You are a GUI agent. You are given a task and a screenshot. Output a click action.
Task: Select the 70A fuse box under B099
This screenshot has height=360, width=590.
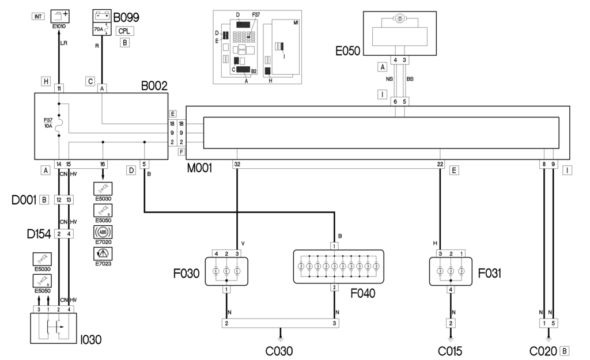click(x=102, y=27)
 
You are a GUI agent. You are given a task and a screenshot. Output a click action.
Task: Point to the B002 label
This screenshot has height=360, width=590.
click(x=154, y=86)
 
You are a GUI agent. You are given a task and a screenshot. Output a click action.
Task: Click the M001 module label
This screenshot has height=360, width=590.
click(x=200, y=169)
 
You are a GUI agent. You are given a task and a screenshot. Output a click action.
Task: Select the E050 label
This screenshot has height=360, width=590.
click(x=347, y=51)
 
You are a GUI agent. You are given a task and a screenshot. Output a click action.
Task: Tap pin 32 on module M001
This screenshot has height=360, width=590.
click(x=237, y=164)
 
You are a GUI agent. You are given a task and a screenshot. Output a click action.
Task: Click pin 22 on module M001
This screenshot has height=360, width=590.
click(x=440, y=164)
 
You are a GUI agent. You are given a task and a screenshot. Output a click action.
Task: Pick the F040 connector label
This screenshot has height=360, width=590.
click(x=363, y=293)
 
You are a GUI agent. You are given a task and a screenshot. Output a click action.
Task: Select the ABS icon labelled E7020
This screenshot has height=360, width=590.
click(x=103, y=233)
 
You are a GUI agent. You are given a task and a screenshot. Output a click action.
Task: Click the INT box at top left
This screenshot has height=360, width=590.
click(x=38, y=17)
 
